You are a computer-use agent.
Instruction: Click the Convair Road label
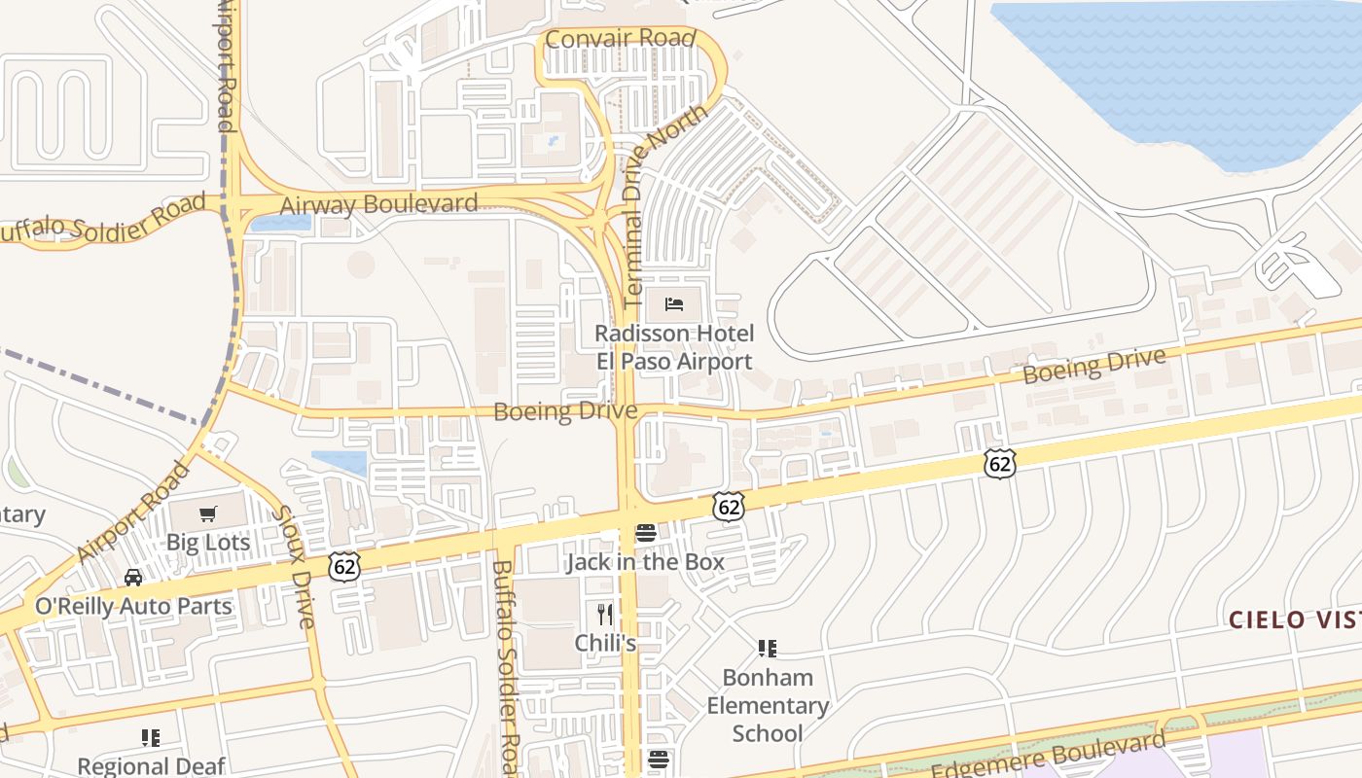tap(621, 39)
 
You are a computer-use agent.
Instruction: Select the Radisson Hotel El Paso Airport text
tap(674, 347)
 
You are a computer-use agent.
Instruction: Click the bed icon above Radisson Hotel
tap(674, 304)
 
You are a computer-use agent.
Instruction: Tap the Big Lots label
tap(208, 542)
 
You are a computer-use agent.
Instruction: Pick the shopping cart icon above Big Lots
tap(207, 513)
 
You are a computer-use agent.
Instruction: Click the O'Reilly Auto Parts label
tap(133, 606)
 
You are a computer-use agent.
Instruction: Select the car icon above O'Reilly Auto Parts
tap(133, 578)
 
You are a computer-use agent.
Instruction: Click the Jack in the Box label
tap(645, 561)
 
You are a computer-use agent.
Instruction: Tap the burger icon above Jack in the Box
tap(646, 533)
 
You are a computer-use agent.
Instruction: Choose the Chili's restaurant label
tap(605, 643)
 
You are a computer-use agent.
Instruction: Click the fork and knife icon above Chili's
tap(605, 615)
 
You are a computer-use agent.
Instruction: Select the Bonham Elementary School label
tap(768, 705)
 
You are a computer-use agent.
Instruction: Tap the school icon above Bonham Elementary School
tap(768, 648)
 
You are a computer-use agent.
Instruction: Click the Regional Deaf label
tap(151, 766)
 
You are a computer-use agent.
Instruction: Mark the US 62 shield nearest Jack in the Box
tap(728, 506)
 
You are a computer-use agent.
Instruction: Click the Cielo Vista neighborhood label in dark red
tap(1294, 619)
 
